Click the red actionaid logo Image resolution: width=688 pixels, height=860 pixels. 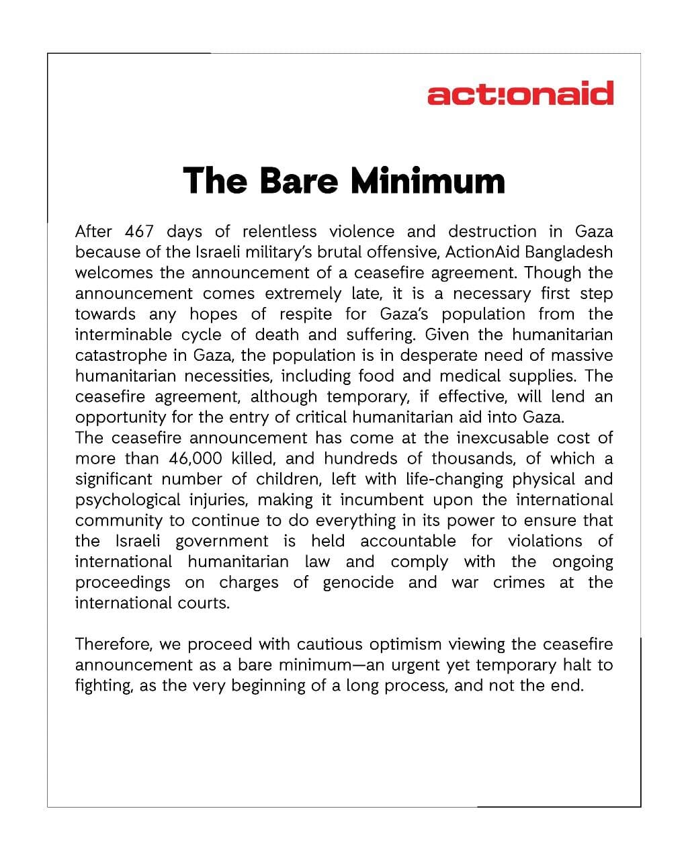pyautogui.click(x=520, y=93)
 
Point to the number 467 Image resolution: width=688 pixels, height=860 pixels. pyautogui.click(x=139, y=232)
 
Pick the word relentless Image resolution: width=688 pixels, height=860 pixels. pyautogui.click(x=279, y=232)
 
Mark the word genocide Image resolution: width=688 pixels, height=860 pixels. pyautogui.click(x=358, y=583)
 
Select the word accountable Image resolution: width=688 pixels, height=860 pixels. pyautogui.click(x=408, y=542)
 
